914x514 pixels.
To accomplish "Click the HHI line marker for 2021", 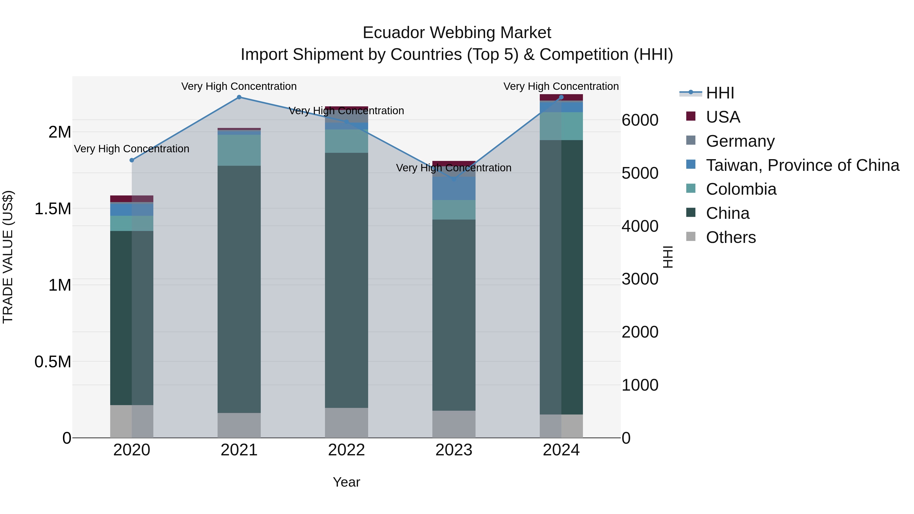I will pos(239,97).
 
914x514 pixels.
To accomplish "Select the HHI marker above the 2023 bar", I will pos(454,179).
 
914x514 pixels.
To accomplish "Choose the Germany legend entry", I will pos(740,141).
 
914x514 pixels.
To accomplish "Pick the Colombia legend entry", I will pos(741,189).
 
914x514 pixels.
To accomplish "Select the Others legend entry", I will pos(730,237).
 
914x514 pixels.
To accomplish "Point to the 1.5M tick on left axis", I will pos(53,209).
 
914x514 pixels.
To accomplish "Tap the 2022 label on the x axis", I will pos(346,450).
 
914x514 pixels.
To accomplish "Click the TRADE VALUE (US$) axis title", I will pos(8,257).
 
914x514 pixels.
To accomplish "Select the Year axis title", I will pos(346,482).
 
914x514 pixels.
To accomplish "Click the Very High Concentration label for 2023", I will pos(453,168).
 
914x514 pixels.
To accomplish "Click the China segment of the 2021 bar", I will pos(239,289).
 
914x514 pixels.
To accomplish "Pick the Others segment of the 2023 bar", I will pos(454,424).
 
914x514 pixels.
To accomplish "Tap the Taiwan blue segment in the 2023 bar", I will pos(454,188).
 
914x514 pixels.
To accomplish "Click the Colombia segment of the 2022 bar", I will pos(346,141).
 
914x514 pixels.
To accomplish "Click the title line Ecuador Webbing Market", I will pos(457,33).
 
